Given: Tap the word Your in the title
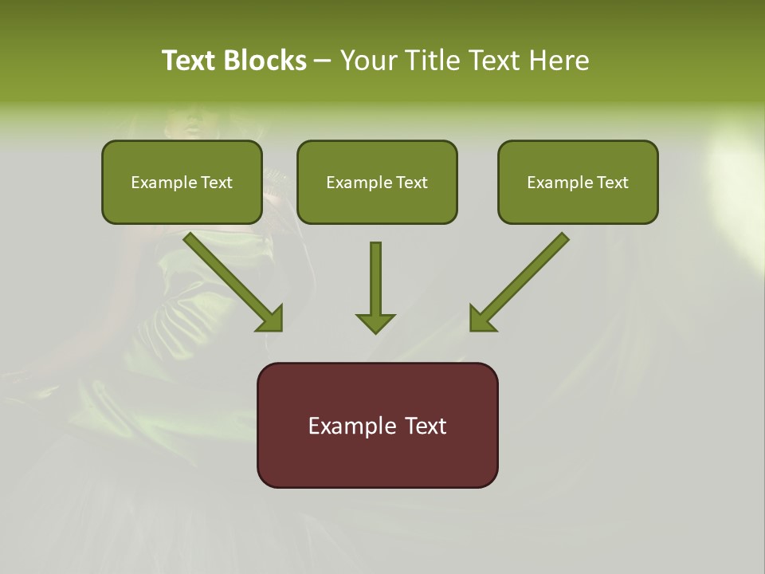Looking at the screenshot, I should click(x=370, y=61).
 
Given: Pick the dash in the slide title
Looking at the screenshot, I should click(x=323, y=61).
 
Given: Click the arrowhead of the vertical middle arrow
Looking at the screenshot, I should click(x=375, y=323).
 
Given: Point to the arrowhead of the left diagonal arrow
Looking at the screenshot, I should click(x=271, y=319).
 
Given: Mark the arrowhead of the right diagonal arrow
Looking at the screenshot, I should click(x=481, y=319).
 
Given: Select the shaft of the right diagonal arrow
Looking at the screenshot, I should click(x=530, y=271).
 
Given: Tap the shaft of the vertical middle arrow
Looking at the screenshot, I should click(x=375, y=275).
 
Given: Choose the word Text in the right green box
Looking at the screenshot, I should click(x=612, y=183).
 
